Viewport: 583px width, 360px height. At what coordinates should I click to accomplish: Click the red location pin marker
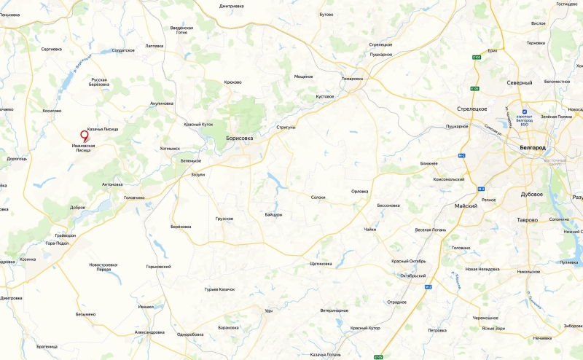(84, 135)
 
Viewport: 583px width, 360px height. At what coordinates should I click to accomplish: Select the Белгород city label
(533, 147)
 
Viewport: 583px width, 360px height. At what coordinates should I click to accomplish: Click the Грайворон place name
(66, 236)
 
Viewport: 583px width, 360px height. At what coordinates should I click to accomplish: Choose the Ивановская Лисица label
(84, 148)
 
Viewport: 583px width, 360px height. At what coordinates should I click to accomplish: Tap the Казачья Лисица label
(103, 129)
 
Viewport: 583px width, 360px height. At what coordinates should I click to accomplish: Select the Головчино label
(134, 197)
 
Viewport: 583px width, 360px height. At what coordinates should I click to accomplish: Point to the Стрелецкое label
(472, 109)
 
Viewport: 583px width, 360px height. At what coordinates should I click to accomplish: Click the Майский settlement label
(466, 206)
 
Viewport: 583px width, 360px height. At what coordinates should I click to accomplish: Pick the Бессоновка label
(388, 206)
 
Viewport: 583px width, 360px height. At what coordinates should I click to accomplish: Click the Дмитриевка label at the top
(230, 6)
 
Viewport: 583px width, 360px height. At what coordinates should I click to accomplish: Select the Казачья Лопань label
(325, 354)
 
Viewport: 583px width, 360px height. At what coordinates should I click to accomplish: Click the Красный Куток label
(198, 125)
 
